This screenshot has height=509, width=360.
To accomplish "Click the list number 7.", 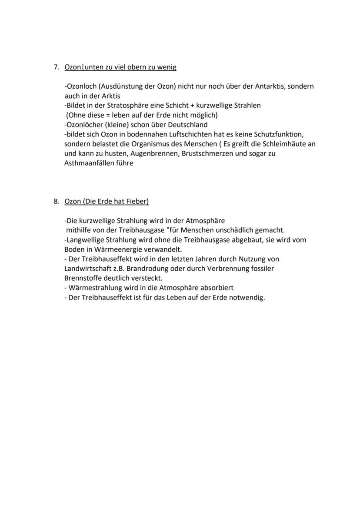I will (x=56, y=67).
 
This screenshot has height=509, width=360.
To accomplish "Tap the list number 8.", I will (x=56, y=201).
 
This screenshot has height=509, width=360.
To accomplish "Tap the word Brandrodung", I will (x=147, y=268).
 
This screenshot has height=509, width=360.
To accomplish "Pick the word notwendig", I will (x=249, y=298).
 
